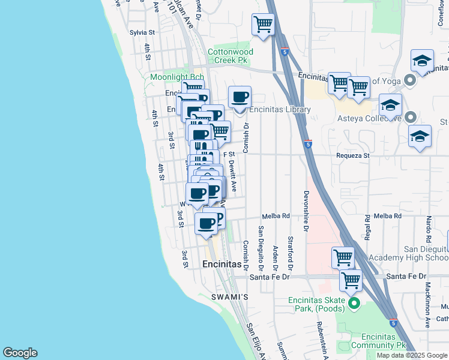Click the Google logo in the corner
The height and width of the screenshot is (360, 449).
tap(20, 353)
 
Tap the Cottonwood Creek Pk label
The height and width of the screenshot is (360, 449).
tap(230, 56)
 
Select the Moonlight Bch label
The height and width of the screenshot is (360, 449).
tap(177, 77)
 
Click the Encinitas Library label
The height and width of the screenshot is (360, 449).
tap(280, 110)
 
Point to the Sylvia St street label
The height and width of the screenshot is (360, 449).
tap(142, 32)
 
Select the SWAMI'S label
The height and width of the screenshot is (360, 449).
tap(229, 298)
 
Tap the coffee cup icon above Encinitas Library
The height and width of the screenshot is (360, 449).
tap(240, 97)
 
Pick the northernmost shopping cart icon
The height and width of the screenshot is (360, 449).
tap(262, 25)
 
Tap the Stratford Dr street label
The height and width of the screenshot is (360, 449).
tap(291, 252)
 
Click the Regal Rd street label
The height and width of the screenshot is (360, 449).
tap(367, 229)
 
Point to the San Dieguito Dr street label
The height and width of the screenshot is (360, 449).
tap(261, 247)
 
